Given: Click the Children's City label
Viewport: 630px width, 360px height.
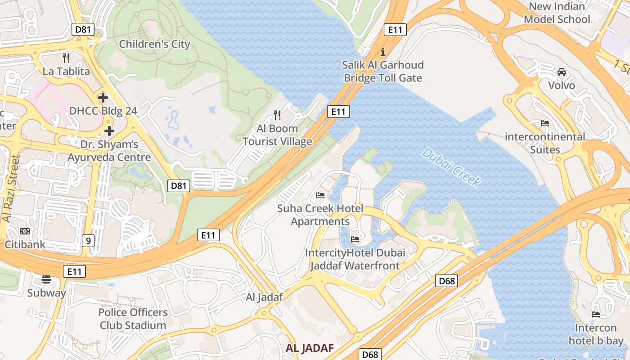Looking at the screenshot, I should (x=154, y=44).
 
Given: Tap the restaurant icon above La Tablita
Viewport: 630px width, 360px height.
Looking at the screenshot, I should (x=66, y=58).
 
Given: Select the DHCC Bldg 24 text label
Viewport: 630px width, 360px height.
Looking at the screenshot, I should (x=103, y=111).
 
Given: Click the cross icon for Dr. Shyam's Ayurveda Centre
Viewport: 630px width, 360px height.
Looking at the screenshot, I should (x=109, y=131).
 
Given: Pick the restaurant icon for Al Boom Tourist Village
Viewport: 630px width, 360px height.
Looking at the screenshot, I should (x=277, y=115).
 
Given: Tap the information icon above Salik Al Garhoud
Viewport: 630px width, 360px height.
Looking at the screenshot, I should (x=383, y=51).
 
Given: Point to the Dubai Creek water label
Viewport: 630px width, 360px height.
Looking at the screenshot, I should (x=451, y=167).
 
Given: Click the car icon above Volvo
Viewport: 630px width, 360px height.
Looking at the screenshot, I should (x=562, y=72).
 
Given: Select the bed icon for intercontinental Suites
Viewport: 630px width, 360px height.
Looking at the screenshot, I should (x=545, y=123).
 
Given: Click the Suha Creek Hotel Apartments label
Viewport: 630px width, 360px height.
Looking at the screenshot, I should (x=320, y=215).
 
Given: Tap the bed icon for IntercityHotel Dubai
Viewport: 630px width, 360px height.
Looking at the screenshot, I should (x=355, y=239).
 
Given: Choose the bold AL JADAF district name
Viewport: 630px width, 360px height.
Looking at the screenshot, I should (x=310, y=348).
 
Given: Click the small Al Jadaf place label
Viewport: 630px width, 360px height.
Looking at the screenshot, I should (x=264, y=297).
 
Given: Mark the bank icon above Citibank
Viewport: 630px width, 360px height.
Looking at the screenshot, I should (x=24, y=231).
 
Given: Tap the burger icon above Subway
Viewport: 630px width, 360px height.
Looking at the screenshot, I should (x=46, y=279).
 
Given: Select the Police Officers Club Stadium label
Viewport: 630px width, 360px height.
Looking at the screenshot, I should (x=133, y=319).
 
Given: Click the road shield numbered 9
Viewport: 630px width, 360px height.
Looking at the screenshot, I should (x=88, y=241).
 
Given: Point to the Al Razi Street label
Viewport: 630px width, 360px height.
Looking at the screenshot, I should (x=11, y=189).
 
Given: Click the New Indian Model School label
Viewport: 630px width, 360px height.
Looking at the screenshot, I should (x=557, y=13).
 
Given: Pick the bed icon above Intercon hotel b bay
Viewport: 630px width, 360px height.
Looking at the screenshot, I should (x=596, y=314).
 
